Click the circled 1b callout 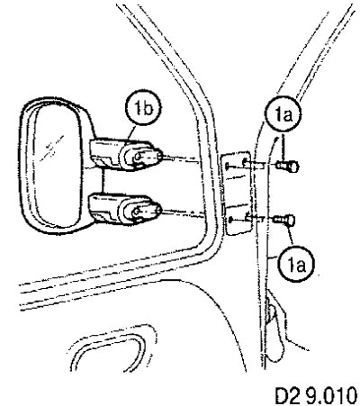143,109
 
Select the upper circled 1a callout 283,113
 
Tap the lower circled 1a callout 295,264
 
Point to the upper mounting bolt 287,167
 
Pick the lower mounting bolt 284,220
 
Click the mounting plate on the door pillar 236,193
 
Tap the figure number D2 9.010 316,393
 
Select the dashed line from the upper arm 182,159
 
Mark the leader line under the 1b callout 131,134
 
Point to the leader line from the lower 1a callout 289,237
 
